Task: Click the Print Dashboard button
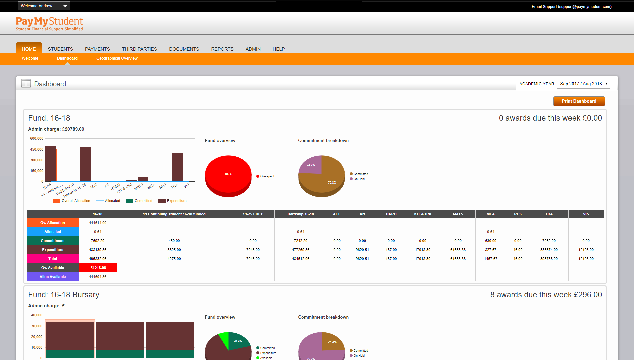click(x=579, y=101)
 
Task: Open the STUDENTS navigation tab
click(x=60, y=49)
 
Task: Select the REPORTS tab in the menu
click(x=222, y=49)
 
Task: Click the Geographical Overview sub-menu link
click(x=117, y=58)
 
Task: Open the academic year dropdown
click(x=583, y=84)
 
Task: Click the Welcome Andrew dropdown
click(x=44, y=6)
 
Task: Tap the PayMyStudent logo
click(x=49, y=24)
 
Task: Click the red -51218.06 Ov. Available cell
click(x=98, y=268)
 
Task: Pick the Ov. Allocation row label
click(x=53, y=223)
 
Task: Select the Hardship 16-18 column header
click(x=301, y=214)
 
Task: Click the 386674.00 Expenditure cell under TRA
click(x=549, y=250)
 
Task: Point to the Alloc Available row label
click(x=53, y=277)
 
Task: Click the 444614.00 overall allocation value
click(x=98, y=223)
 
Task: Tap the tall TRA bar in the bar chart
click(x=177, y=167)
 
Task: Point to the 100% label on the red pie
click(x=228, y=174)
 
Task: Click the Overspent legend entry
click(x=266, y=176)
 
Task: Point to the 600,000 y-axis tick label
click(x=37, y=139)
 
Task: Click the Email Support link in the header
click(x=571, y=7)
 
